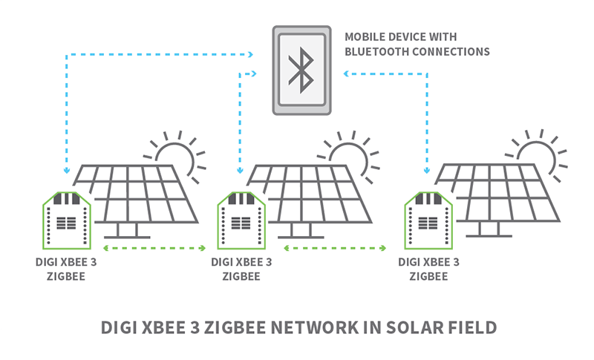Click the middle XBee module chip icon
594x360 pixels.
click(x=241, y=220)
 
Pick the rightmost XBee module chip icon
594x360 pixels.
click(x=427, y=220)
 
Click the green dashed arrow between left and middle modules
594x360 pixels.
click(x=154, y=248)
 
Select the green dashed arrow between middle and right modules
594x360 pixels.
click(x=338, y=248)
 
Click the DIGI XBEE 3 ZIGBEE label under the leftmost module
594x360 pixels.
click(x=65, y=269)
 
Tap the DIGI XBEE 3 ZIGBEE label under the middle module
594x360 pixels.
click(x=241, y=269)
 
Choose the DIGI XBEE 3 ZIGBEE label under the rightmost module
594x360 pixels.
click(x=428, y=269)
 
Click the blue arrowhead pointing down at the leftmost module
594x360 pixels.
click(x=66, y=171)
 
